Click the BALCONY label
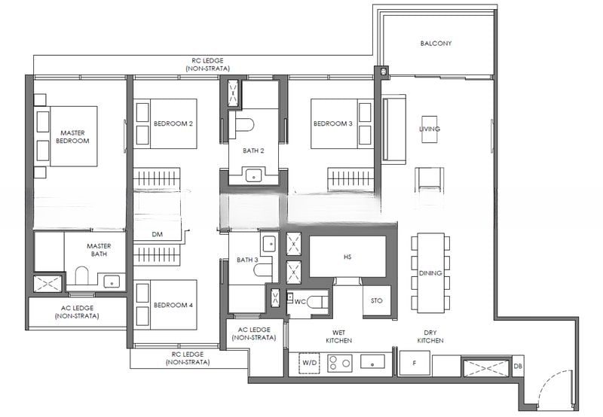pyautogui.click(x=436, y=44)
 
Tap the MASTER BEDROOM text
pyautogui.click(x=74, y=137)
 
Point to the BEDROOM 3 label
pyautogui.click(x=332, y=123)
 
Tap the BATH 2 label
pyautogui.click(x=253, y=151)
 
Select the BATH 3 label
pyautogui.click(x=247, y=260)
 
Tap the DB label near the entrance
pyautogui.click(x=517, y=367)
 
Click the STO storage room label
pyautogui.click(x=377, y=300)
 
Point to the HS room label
pyautogui.click(x=347, y=257)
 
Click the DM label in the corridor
pyautogui.click(x=157, y=235)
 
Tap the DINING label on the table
pyautogui.click(x=430, y=273)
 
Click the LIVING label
pyautogui.click(x=430, y=129)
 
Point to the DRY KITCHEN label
pyautogui.click(x=430, y=336)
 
